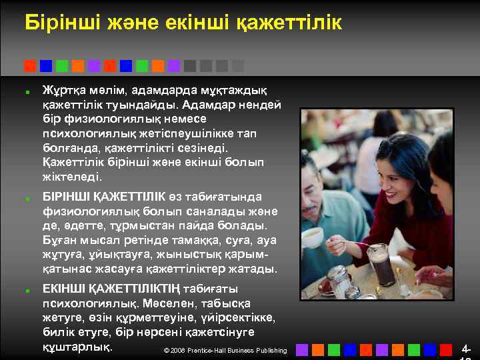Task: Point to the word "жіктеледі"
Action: [72, 177]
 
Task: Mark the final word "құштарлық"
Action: [77, 347]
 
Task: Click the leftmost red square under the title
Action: [30, 65]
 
